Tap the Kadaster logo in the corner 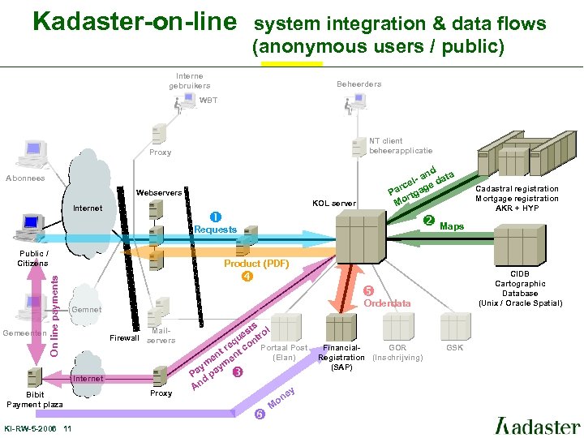(537, 425)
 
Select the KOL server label (333, 203)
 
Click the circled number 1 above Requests (215, 217)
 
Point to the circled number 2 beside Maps (429, 221)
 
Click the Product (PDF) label (256, 264)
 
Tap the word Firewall (124, 337)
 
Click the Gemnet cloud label (87, 310)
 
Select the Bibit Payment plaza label (35, 400)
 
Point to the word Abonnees (25, 178)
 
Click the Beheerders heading (359, 84)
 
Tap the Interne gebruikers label (189, 81)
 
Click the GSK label (455, 347)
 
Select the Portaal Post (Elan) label (284, 352)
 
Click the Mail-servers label (161, 335)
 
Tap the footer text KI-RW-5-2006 (32, 428)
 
